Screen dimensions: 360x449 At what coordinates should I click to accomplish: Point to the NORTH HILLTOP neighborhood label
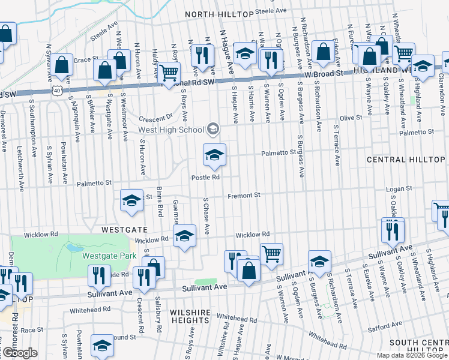click(218, 14)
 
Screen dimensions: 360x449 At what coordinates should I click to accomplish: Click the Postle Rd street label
click(206, 177)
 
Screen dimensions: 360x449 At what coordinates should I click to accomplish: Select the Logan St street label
click(397, 189)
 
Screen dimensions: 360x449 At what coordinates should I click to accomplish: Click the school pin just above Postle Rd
click(214, 155)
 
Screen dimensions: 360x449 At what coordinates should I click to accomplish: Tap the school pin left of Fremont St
click(131, 201)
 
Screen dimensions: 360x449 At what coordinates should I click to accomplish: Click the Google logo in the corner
click(19, 353)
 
